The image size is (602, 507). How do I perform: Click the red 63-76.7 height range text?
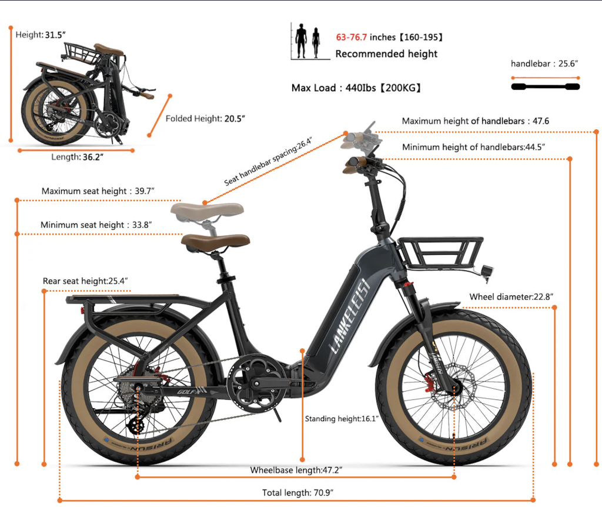pyautogui.click(x=352, y=37)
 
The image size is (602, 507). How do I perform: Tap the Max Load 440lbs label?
pyautogui.click(x=356, y=88)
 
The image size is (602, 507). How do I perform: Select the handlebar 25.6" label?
pyautogui.click(x=544, y=64)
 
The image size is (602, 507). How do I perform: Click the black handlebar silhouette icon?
pyautogui.click(x=545, y=87)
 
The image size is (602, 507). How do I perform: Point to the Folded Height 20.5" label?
pyautogui.click(x=205, y=119)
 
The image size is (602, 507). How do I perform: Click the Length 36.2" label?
pyautogui.click(x=77, y=157)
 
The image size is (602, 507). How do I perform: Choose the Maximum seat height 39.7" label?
pyautogui.click(x=98, y=191)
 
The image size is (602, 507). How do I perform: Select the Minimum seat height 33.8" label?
pyautogui.click(x=96, y=225)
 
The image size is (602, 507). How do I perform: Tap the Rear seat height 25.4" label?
pyautogui.click(x=85, y=281)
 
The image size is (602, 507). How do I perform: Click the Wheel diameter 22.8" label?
pyautogui.click(x=511, y=296)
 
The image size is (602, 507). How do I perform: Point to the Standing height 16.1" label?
pyautogui.click(x=342, y=419)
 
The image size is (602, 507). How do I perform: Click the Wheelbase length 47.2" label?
pyautogui.click(x=296, y=470)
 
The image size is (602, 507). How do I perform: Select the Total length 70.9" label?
pyautogui.click(x=297, y=492)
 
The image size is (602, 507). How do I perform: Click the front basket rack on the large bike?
pyautogui.click(x=441, y=252)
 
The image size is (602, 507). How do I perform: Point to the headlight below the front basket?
pyautogui.click(x=487, y=271)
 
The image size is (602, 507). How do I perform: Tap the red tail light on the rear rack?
pyautogui.click(x=82, y=310)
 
